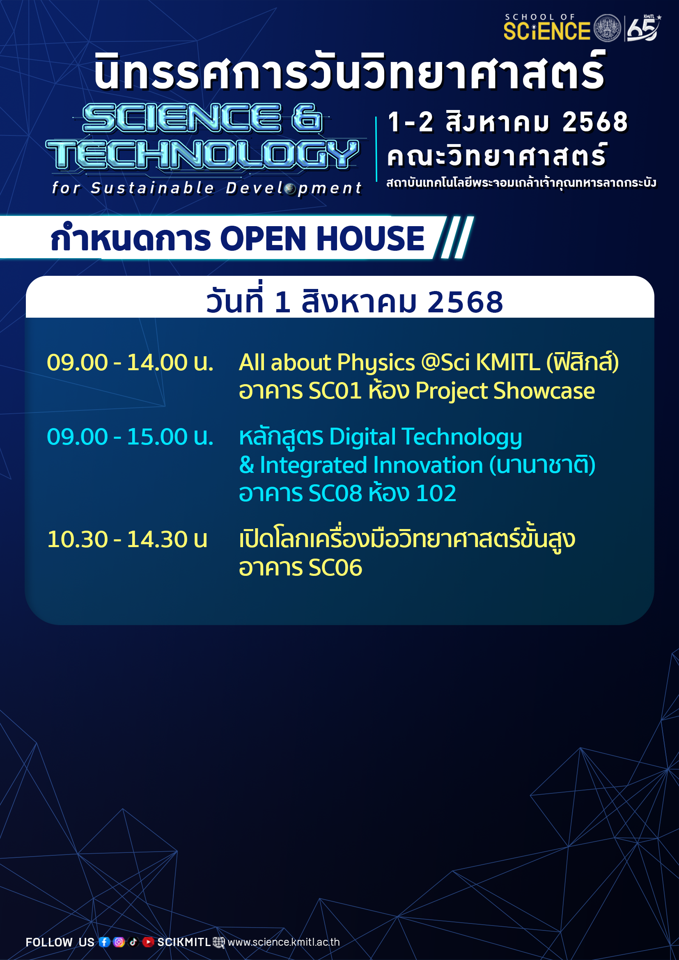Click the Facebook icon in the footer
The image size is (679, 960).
(105, 942)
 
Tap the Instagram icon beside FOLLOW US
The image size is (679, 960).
(119, 942)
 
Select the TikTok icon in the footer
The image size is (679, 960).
(133, 942)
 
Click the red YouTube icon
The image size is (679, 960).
(148, 942)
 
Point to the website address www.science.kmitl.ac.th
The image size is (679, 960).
(284, 942)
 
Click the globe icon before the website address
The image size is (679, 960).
(219, 942)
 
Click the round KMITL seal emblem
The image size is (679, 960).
(607, 28)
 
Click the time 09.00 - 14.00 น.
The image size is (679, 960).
(130, 362)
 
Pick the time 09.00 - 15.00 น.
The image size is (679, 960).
(130, 437)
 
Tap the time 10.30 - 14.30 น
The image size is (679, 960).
(127, 539)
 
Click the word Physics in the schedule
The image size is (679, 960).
(376, 363)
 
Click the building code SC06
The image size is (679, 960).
(335, 568)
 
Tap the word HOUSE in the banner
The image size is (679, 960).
(370, 238)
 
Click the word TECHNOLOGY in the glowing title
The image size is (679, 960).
(202, 154)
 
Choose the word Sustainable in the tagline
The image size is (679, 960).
(153, 188)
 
